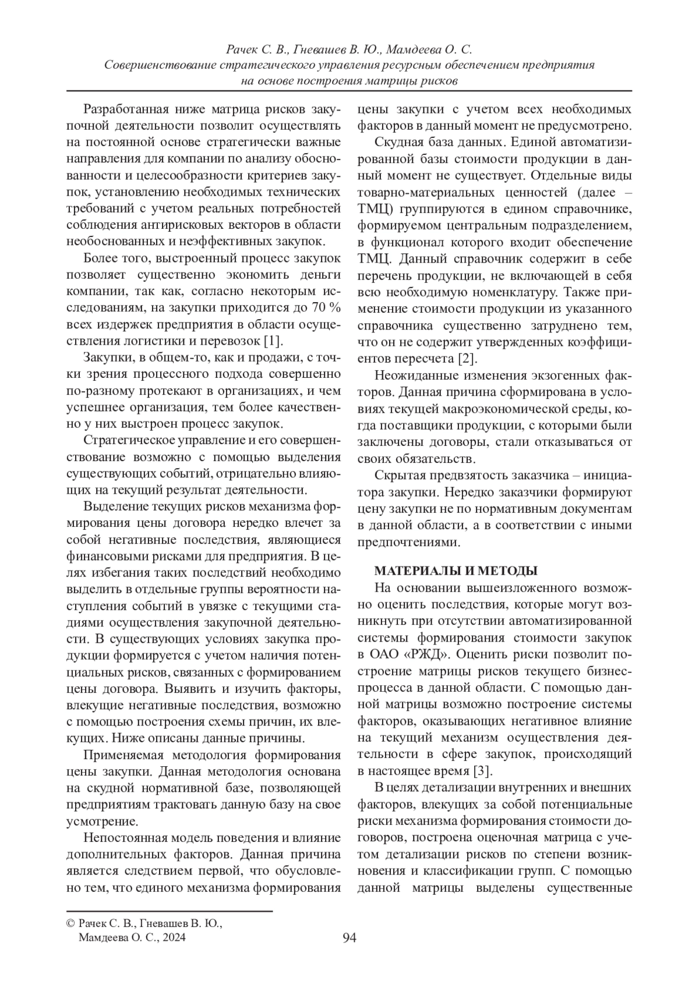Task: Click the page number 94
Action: click(x=349, y=938)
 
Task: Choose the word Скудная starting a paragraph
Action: click(x=400, y=142)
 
